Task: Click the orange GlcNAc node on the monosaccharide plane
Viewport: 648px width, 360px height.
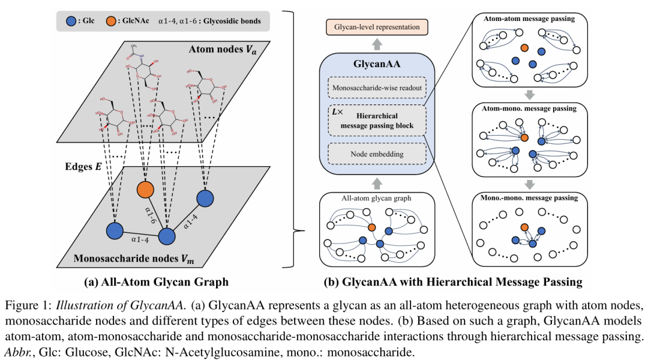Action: tap(145, 190)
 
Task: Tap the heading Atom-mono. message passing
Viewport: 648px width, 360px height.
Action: tap(529, 109)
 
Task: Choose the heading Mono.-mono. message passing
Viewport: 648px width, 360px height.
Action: tap(529, 197)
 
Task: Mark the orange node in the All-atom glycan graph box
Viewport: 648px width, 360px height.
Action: tap(372, 227)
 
